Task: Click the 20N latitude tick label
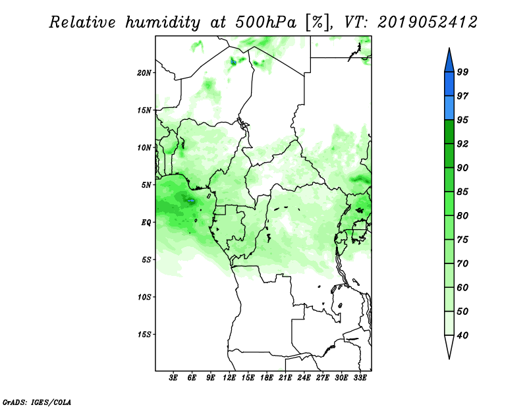[144, 73]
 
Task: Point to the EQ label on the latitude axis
[146, 223]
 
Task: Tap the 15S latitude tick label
[144, 335]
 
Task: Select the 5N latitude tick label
[146, 185]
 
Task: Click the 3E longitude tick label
[173, 378]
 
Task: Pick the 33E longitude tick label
[360, 378]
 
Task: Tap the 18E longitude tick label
[267, 378]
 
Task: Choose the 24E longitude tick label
[304, 378]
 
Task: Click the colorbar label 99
[462, 72]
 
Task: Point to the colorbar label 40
[462, 335]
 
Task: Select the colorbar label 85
[462, 192]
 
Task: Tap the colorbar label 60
[462, 287]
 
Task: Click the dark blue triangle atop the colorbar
[449, 62]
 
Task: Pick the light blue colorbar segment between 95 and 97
[449, 108]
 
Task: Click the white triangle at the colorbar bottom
[449, 345]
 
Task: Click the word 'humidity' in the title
[163, 22]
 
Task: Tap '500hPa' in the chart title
[266, 22]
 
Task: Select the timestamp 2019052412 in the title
[427, 22]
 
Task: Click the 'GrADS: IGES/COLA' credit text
[37, 402]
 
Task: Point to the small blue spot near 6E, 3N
[191, 201]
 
